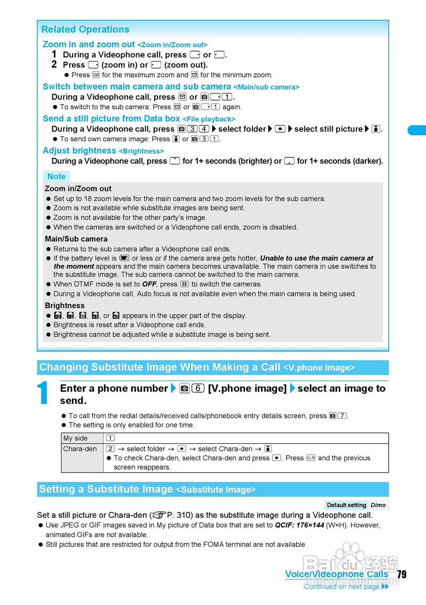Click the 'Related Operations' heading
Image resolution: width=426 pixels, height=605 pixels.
point(85,29)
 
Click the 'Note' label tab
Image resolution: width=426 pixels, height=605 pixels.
point(56,176)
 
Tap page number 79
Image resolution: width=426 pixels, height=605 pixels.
point(401,574)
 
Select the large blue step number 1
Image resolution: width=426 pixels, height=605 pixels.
point(43,394)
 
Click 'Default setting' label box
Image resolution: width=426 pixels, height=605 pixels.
point(347,505)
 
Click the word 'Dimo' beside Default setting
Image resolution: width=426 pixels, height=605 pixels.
point(378,505)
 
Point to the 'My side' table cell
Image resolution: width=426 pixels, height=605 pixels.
point(76,438)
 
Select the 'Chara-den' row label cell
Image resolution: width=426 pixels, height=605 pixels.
point(80,449)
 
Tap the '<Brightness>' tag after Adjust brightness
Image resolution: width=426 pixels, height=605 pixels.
point(141,151)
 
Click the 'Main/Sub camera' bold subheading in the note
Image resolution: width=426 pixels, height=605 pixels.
point(76,239)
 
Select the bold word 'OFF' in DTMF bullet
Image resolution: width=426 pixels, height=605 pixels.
point(148,284)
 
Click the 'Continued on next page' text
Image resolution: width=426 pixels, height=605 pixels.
point(341,587)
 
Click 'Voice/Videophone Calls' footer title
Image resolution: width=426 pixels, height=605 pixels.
point(336,574)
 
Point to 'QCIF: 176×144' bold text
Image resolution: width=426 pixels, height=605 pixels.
point(299,525)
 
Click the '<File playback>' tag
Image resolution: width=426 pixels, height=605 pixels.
point(209,119)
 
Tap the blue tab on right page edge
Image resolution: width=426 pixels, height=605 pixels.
point(417,130)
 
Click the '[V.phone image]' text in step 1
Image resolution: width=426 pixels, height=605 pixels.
point(247,389)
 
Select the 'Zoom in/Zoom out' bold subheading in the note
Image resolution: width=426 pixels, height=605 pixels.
point(78,188)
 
